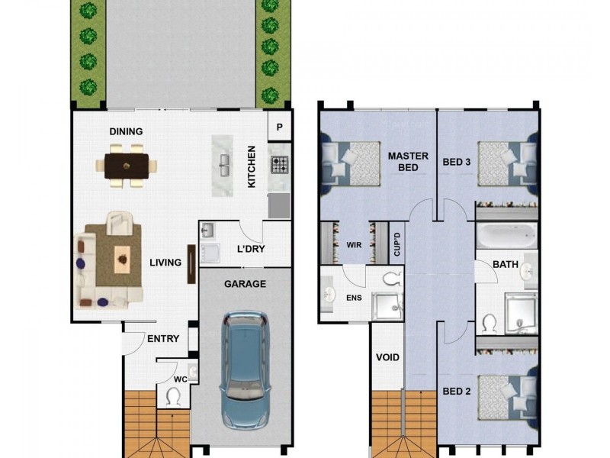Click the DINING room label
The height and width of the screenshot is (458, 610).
point(126,131)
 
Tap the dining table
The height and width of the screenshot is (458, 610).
point(127,166)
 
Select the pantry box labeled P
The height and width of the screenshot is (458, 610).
point(279,127)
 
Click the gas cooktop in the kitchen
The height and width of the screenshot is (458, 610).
point(280,164)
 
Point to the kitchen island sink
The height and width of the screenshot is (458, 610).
point(224,165)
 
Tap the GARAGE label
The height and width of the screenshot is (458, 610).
point(245,284)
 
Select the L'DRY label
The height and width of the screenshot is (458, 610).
point(251,249)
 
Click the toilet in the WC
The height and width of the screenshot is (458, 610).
point(173,397)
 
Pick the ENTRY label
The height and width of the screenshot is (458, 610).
point(163,339)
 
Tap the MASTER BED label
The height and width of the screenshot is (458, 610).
point(408,162)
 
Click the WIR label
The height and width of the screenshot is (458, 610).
point(354,245)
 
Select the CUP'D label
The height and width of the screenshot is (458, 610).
point(396,244)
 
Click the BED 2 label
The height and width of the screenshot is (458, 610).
point(457,391)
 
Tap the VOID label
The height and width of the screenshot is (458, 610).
point(387,357)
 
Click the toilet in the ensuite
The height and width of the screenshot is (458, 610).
point(393,279)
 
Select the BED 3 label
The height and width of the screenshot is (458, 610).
point(457,162)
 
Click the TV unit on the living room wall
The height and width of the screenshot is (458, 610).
point(191,264)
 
